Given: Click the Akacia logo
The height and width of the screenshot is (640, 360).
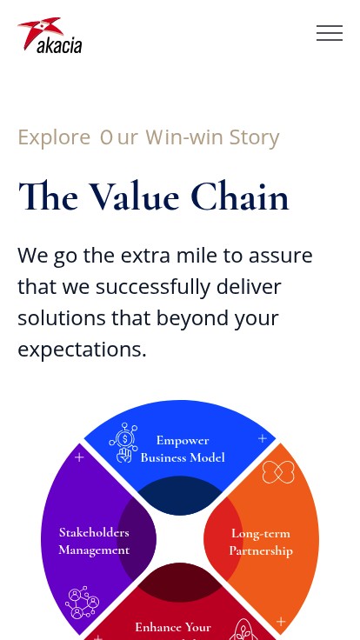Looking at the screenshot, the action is (x=50, y=35).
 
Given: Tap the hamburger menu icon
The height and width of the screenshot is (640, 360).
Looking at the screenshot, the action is (x=330, y=33).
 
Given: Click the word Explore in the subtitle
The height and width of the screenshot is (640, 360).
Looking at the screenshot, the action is (x=54, y=137).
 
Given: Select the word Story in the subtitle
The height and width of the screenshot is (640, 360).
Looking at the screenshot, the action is (x=254, y=137).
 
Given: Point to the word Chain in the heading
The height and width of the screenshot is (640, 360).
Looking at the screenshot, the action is (x=240, y=197).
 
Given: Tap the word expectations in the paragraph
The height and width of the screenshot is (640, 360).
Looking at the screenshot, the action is (x=82, y=350).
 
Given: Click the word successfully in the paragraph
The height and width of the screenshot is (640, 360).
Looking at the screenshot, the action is (x=153, y=287).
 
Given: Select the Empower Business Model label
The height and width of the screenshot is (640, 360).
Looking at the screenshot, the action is (x=183, y=449).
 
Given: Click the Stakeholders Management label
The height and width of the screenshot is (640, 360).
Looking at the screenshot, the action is (x=94, y=541).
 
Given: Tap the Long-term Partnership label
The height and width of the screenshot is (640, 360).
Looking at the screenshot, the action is (x=261, y=542).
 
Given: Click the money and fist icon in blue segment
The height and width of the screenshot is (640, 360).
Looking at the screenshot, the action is (x=123, y=443).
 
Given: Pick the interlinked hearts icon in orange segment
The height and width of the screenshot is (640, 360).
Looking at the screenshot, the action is (x=278, y=472).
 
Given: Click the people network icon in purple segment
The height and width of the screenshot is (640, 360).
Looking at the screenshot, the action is (x=82, y=603).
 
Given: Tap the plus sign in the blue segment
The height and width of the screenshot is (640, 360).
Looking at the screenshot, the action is (x=263, y=438).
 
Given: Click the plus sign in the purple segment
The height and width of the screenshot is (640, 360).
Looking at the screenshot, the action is (x=80, y=457).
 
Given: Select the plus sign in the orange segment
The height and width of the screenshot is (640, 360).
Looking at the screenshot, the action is (x=281, y=622).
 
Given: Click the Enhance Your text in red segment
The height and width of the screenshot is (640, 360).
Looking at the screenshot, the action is (x=173, y=627).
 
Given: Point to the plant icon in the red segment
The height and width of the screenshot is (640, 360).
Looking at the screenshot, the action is (x=243, y=630).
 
